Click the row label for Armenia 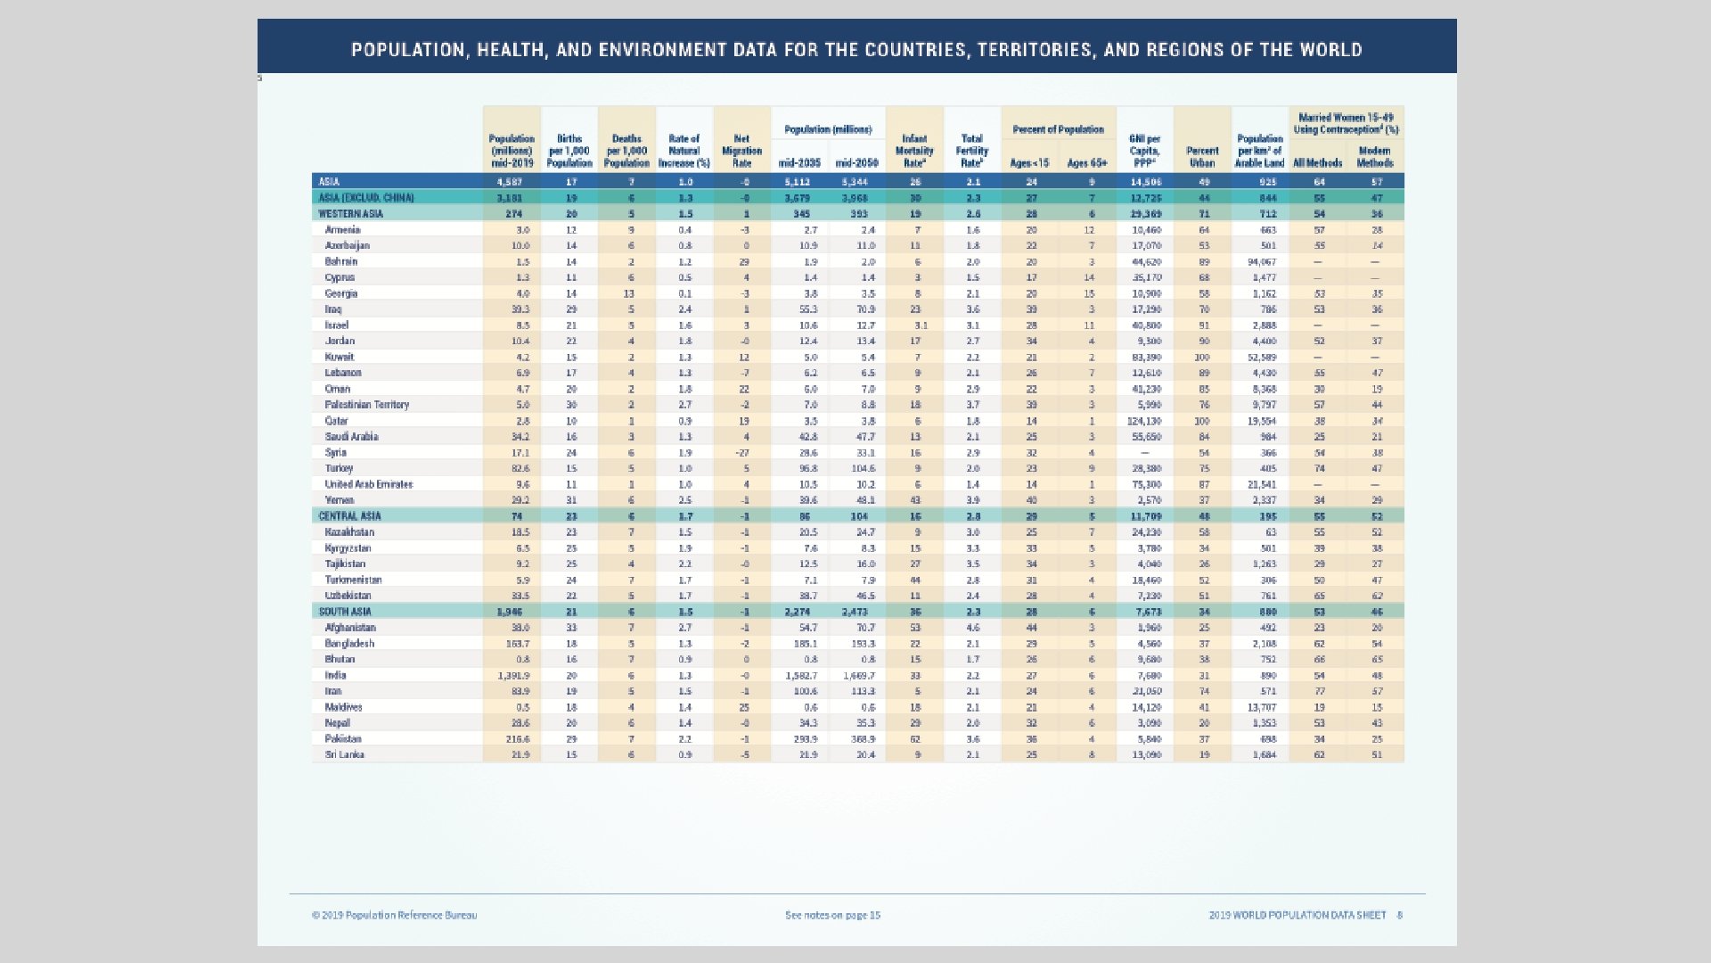point(342,230)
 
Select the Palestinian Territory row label point(366,405)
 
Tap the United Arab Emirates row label point(368,484)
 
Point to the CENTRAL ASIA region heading point(349,516)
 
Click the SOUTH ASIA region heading point(345,612)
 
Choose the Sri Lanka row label point(344,754)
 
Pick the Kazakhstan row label point(349,532)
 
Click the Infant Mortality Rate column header point(914,151)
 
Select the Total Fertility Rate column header point(971,151)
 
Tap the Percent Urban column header point(1202,157)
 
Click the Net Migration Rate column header point(741,151)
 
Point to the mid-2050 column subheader point(856,163)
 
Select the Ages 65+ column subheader point(1086,163)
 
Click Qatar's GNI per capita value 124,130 point(1145,421)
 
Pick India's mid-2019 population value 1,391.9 point(513,676)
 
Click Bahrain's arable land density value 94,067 point(1261,262)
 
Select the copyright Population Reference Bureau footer point(394,915)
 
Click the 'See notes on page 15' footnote point(832,915)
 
